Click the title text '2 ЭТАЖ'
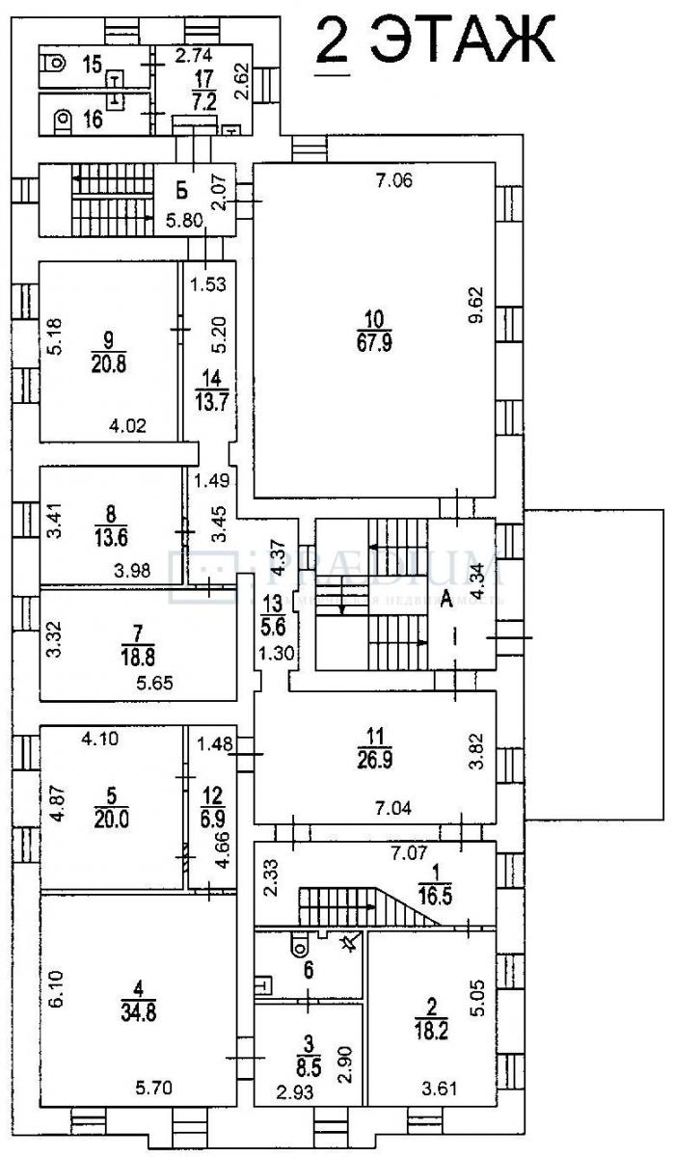pyautogui.click(x=435, y=41)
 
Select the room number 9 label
pyautogui.click(x=108, y=337)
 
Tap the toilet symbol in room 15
pyautogui.click(x=56, y=65)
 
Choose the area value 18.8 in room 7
pyautogui.click(x=138, y=657)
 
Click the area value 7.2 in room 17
pyautogui.click(x=203, y=99)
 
